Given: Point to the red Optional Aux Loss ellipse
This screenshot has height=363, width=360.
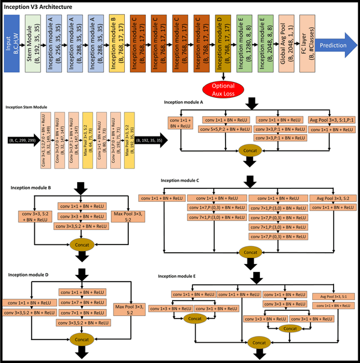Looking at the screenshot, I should [x=224, y=89].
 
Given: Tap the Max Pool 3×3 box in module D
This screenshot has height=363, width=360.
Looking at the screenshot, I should [x=128, y=309].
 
